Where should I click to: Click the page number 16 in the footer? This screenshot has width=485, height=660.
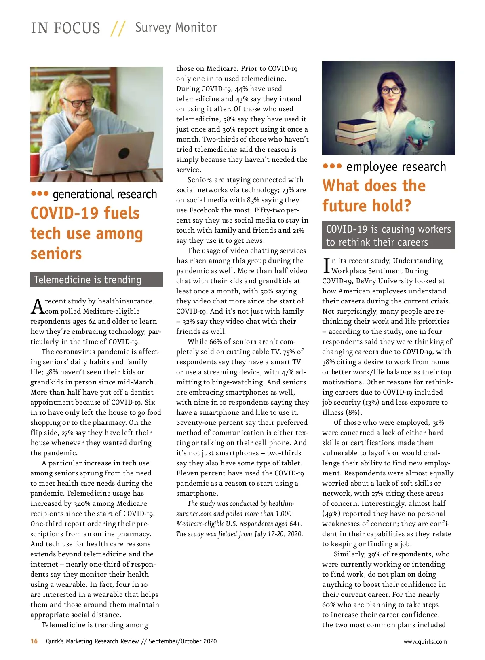[x=34, y=641]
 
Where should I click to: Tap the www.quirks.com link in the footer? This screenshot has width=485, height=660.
[x=425, y=641]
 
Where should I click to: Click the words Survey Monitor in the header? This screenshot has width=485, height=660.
[x=176, y=28]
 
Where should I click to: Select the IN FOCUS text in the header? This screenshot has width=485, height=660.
[x=65, y=28]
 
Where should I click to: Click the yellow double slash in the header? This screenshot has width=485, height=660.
[x=118, y=28]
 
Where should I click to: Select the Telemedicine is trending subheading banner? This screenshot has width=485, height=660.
[x=96, y=280]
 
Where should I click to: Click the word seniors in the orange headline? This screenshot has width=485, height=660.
[x=56, y=254]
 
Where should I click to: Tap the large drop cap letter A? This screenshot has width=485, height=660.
[x=37, y=306]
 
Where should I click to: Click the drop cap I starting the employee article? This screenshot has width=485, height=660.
[x=326, y=265]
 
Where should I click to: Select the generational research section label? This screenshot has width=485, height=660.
[x=105, y=194]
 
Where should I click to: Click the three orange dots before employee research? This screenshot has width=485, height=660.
[x=332, y=166]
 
